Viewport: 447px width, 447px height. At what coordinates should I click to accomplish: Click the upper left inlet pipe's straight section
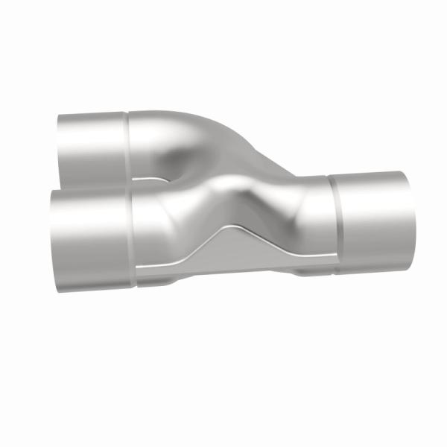click(x=93, y=145)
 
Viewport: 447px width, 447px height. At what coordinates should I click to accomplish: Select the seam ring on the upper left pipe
click(x=128, y=145)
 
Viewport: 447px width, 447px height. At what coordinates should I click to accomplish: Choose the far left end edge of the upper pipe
click(x=59, y=149)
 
